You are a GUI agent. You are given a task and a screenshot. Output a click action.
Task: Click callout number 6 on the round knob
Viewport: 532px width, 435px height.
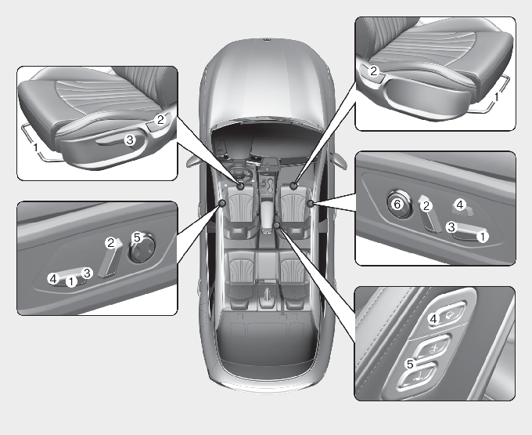click(x=397, y=205)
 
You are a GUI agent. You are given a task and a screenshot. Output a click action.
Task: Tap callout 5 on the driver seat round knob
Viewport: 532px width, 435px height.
click(x=137, y=237)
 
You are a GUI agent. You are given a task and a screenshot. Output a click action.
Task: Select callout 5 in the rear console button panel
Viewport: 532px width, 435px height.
click(x=410, y=364)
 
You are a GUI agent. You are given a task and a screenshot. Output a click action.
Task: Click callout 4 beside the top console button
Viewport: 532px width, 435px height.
click(x=433, y=319)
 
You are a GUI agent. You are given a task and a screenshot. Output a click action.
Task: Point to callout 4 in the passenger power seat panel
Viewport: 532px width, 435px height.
click(x=460, y=205)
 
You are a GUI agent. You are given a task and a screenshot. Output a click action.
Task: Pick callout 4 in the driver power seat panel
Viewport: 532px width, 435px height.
click(x=53, y=279)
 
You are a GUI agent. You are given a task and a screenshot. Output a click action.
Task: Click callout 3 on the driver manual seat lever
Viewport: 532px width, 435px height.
click(x=130, y=140)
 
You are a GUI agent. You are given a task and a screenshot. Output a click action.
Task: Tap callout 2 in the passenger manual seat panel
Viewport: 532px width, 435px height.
click(x=373, y=71)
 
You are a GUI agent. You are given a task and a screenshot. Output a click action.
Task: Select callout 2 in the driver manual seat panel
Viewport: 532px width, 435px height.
click(x=160, y=119)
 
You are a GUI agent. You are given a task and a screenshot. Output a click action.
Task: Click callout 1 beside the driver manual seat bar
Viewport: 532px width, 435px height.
click(x=35, y=148)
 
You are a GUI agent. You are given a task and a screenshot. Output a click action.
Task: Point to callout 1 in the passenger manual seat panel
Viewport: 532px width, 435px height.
click(x=496, y=97)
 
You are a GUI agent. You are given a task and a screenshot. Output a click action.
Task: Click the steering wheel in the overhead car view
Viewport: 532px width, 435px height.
click(x=241, y=172)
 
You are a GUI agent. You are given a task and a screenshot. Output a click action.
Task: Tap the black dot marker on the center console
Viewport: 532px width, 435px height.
click(x=277, y=224)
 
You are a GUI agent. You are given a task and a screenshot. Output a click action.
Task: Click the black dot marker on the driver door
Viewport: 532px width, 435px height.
click(x=222, y=203)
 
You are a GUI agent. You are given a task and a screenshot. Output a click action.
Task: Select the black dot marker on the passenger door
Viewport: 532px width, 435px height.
click(x=310, y=203)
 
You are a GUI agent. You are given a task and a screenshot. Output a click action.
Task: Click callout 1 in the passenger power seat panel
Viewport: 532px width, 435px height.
click(x=483, y=237)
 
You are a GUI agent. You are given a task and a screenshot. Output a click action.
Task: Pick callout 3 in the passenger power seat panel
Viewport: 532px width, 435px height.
click(x=451, y=227)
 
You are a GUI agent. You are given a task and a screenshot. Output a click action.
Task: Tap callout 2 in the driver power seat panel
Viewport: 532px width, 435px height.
click(x=110, y=243)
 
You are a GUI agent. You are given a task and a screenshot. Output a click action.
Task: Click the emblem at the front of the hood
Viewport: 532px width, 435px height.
click(x=267, y=41)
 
